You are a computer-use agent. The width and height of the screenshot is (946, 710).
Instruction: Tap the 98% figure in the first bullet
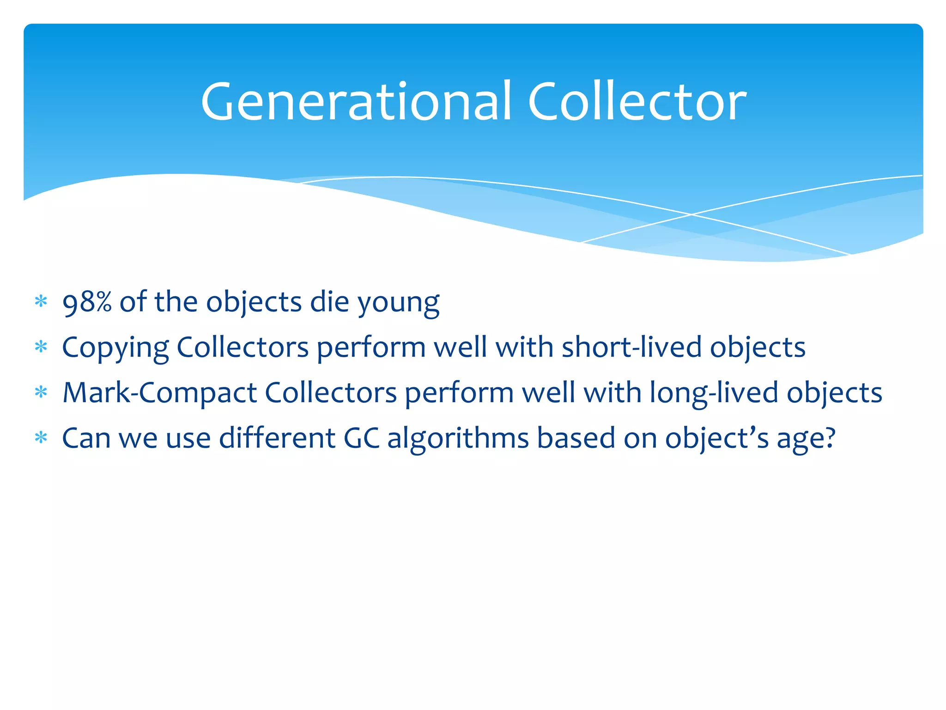[87, 302]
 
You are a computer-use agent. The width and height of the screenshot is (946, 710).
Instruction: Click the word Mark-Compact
[159, 393]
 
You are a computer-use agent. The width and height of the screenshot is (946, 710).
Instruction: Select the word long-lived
[714, 393]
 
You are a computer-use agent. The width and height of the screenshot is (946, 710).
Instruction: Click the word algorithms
[458, 438]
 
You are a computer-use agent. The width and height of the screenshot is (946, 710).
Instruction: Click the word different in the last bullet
[277, 438]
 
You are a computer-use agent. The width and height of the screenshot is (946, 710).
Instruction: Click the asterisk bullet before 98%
[41, 302]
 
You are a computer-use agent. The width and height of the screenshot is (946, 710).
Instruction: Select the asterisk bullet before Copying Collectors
[41, 347]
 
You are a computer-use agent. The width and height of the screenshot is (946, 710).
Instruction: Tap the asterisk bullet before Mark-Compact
[41, 392]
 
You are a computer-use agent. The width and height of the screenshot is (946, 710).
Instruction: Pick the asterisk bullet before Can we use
[41, 438]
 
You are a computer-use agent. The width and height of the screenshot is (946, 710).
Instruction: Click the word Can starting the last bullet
[86, 438]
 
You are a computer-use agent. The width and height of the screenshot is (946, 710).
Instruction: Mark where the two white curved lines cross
[691, 214]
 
